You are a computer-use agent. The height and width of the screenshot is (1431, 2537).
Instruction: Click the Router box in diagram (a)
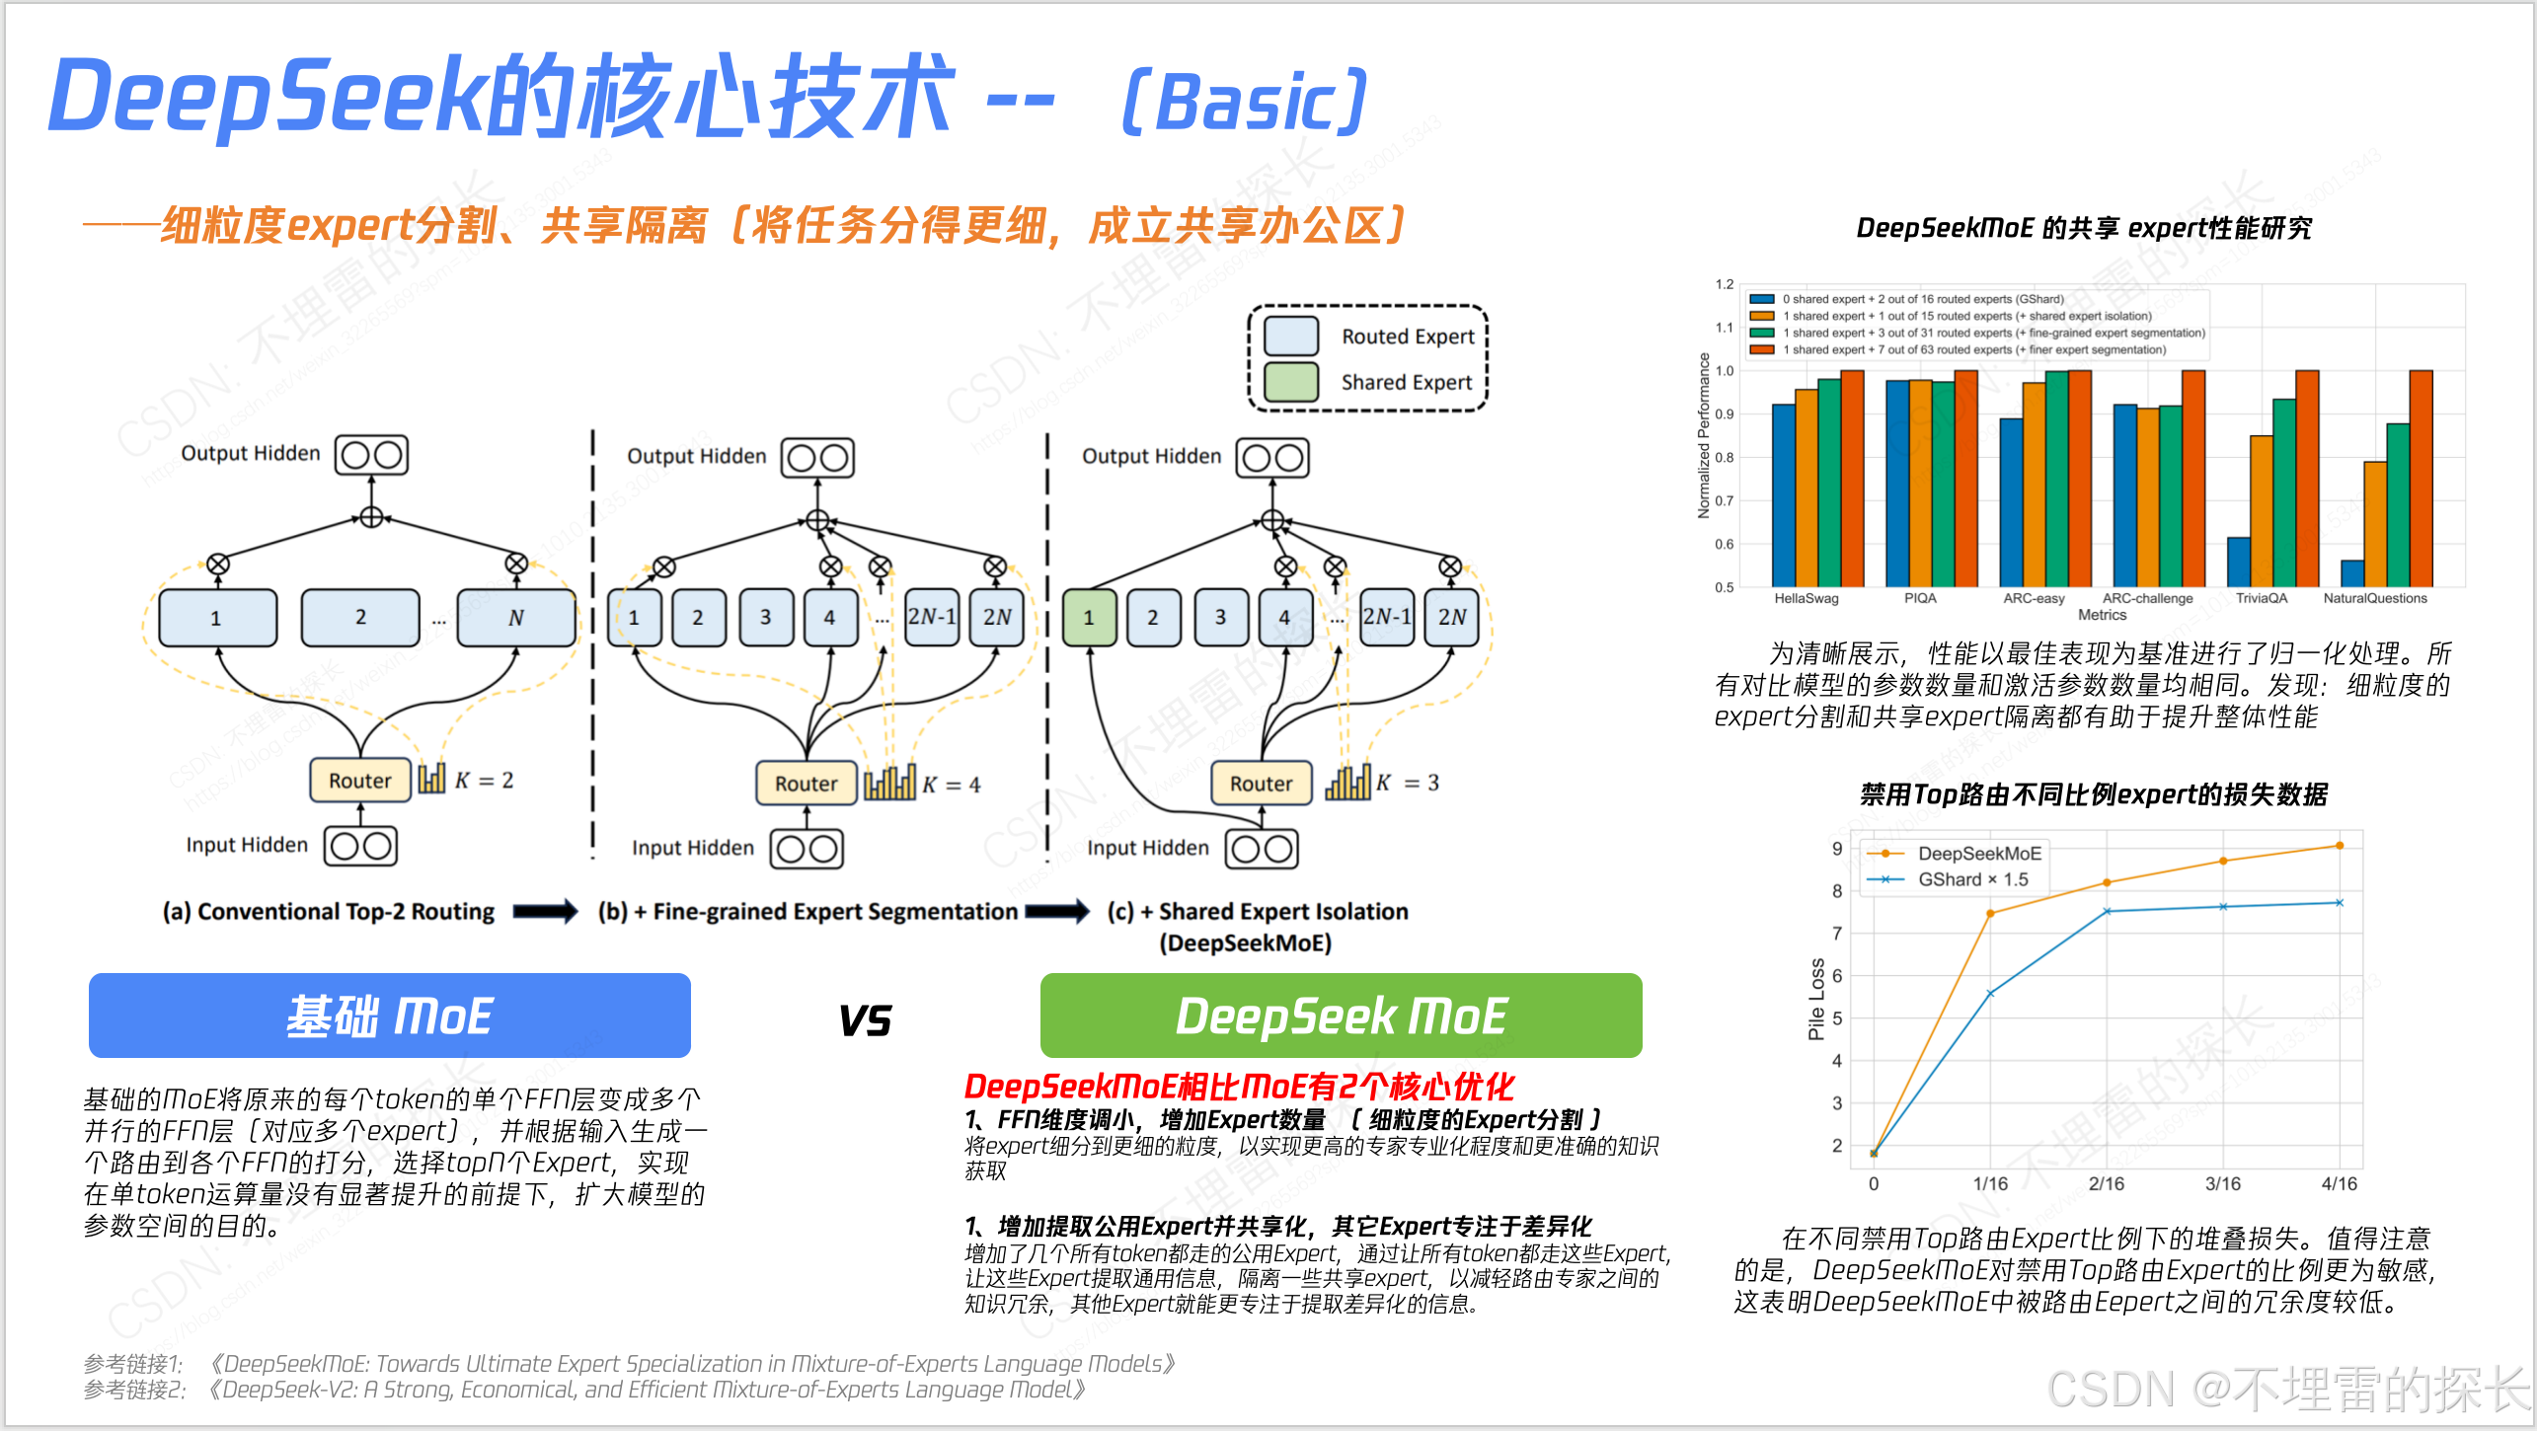(x=360, y=781)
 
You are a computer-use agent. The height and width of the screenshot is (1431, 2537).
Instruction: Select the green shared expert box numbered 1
(x=1089, y=618)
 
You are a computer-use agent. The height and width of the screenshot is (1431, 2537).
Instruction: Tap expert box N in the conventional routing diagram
(x=515, y=618)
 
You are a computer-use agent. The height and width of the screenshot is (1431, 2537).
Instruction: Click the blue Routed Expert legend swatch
(x=1291, y=337)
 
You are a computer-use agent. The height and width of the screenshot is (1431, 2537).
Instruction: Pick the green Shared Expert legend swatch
(x=1291, y=382)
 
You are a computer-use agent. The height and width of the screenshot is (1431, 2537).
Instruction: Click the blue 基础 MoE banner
(x=389, y=1016)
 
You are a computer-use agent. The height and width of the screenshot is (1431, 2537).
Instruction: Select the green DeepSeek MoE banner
(x=1341, y=1016)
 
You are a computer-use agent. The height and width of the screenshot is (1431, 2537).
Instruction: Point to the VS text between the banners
(x=865, y=1020)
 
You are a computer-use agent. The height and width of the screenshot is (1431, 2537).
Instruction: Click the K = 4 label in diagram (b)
(x=952, y=785)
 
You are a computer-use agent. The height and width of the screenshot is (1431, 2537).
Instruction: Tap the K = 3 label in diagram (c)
(x=1409, y=783)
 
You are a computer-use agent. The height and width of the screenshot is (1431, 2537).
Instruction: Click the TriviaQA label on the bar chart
(x=2261, y=598)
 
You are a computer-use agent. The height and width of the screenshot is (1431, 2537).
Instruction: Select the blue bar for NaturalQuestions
(x=2352, y=573)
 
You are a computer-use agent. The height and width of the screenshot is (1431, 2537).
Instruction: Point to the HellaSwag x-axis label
(x=1806, y=598)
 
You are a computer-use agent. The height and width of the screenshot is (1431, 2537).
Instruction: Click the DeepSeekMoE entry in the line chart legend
(x=1978, y=854)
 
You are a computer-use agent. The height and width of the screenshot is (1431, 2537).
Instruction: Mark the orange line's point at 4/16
(x=2339, y=846)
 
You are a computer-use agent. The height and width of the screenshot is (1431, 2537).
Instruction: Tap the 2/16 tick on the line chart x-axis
(x=2106, y=1183)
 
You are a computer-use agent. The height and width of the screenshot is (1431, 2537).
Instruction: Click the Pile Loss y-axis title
(x=1815, y=999)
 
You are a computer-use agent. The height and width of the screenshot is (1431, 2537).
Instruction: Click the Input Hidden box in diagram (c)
(x=1261, y=849)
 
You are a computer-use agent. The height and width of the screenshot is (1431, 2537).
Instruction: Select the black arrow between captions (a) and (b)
(x=545, y=911)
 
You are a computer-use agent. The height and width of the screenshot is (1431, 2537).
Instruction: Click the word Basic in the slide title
(x=1245, y=103)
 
